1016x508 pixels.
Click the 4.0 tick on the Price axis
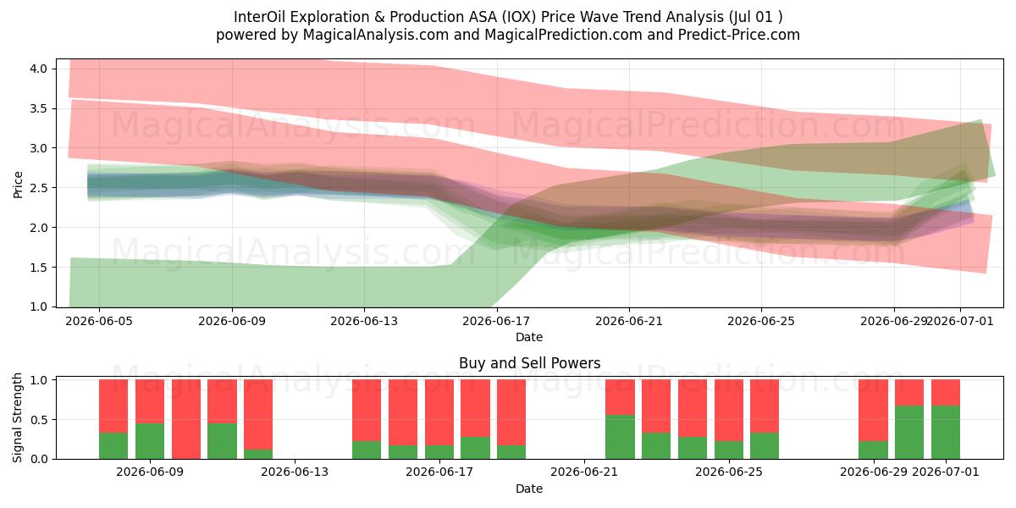tap(39, 69)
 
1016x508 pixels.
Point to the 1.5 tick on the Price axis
tap(39, 268)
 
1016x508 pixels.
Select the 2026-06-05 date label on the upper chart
tap(99, 322)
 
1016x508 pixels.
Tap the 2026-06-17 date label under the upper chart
tap(496, 322)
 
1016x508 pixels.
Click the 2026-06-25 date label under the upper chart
tap(761, 322)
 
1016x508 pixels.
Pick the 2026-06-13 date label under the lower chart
tap(295, 472)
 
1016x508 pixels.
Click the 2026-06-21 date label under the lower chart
tap(584, 472)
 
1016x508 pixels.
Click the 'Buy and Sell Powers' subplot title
tap(530, 363)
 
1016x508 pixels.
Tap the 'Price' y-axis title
tap(18, 185)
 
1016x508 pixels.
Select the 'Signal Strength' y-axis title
tap(18, 417)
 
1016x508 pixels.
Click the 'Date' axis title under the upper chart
tap(529, 338)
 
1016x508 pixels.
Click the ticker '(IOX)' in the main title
tap(519, 17)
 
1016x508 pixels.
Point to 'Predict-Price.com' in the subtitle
tap(739, 35)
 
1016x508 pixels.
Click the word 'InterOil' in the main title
tap(259, 17)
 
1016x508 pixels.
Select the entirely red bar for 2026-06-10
tap(186, 419)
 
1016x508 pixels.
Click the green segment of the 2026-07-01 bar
tap(946, 433)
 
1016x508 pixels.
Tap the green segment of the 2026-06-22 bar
tap(620, 437)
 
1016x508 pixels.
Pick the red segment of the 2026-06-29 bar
tap(873, 411)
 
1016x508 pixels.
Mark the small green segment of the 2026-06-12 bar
tap(258, 454)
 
